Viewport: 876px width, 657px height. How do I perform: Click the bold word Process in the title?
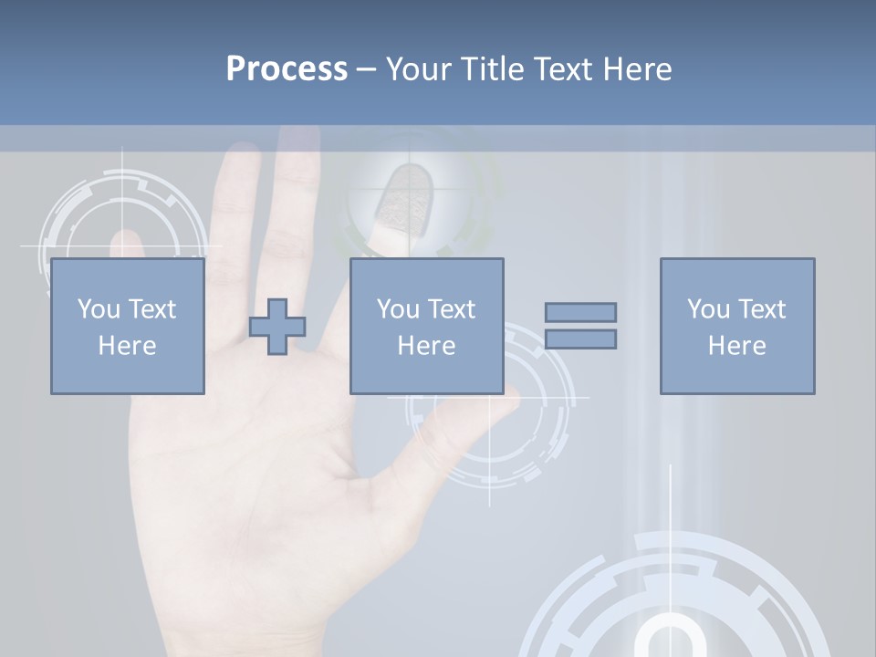(287, 69)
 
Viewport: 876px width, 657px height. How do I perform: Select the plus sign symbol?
(277, 327)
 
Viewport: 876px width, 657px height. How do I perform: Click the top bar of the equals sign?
(580, 312)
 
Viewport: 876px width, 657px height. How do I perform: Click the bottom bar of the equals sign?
(580, 339)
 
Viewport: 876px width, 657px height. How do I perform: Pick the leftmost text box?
(127, 326)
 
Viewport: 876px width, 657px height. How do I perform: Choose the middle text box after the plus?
(426, 326)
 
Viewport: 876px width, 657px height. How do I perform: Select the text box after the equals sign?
(736, 326)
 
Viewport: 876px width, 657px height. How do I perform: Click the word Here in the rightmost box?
(736, 346)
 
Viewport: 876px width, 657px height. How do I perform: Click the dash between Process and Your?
(366, 69)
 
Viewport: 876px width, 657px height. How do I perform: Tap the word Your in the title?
(419, 69)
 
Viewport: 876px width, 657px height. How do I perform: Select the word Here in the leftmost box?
(127, 346)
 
